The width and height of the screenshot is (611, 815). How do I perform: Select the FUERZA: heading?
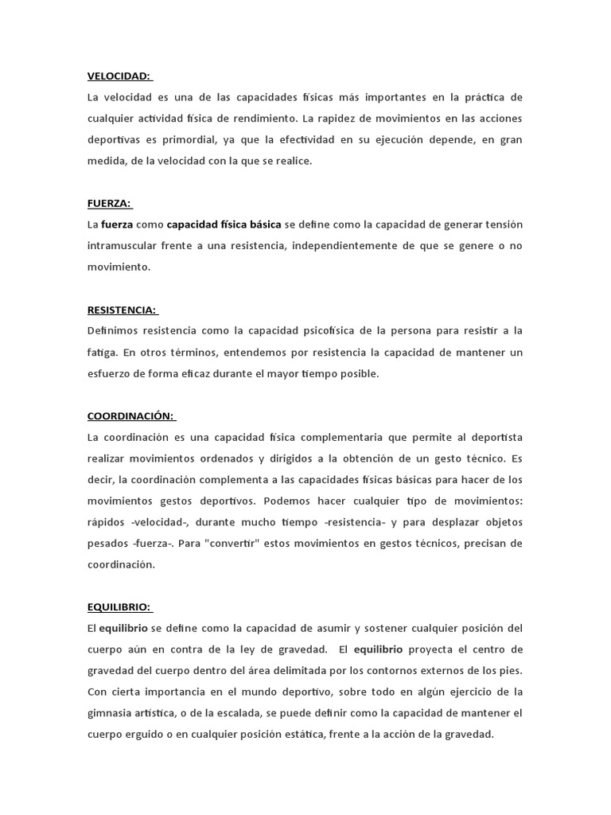(108, 203)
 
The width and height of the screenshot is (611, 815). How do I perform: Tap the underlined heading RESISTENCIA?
(122, 310)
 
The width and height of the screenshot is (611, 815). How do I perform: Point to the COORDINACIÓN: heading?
(130, 416)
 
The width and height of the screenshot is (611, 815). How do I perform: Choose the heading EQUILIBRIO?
(119, 607)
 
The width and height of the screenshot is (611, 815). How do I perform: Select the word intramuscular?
(123, 246)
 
